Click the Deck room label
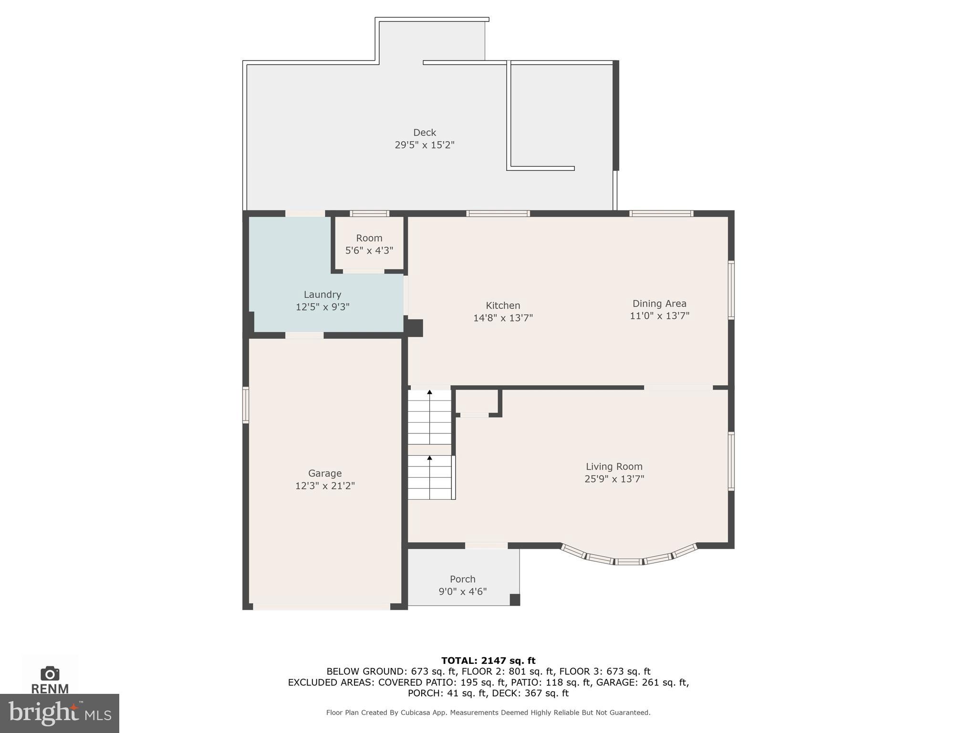tap(424, 133)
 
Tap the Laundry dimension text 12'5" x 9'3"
tap(322, 307)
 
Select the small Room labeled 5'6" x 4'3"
tap(369, 244)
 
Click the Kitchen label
tap(503, 305)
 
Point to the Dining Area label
tap(659, 304)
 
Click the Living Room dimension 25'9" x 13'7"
tap(614, 479)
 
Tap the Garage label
tap(325, 473)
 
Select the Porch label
tap(462, 579)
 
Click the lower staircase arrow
tap(429, 458)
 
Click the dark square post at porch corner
tap(515, 600)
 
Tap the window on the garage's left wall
tap(246, 405)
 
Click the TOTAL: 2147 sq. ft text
tap(488, 660)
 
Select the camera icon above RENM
tap(50, 673)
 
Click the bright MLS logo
tap(59, 713)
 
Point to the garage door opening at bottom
tap(322, 607)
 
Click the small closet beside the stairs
tap(476, 401)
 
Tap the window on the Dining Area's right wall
tap(731, 290)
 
